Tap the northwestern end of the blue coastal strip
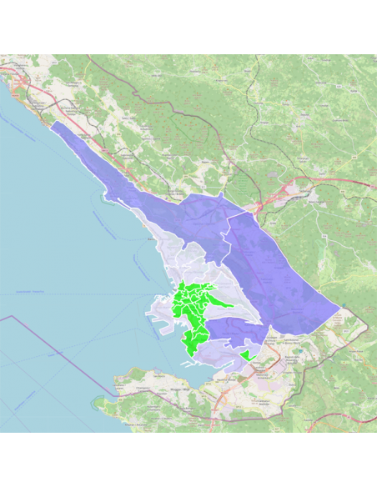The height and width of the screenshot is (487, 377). pos(53,125)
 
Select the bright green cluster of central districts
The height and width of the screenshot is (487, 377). pos(194,313)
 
